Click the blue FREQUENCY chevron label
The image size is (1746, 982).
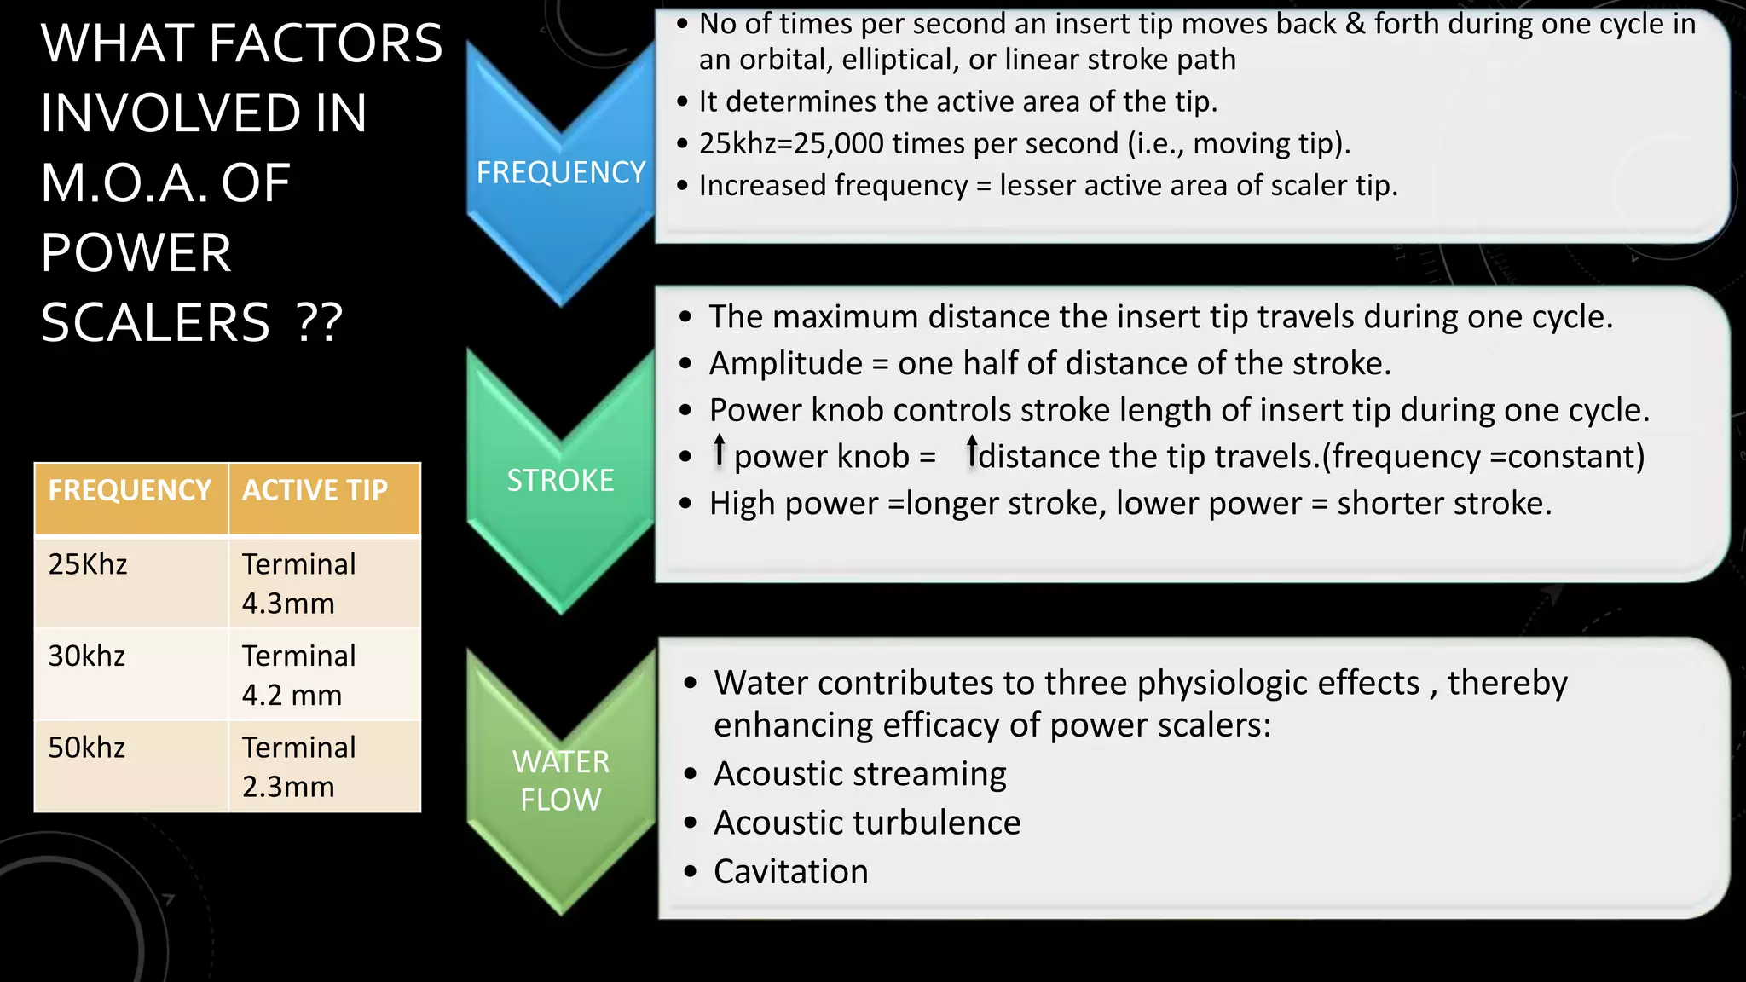560,173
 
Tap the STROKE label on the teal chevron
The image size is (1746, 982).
560,481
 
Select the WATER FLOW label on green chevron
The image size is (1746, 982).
560,780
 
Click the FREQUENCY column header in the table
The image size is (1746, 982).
130,491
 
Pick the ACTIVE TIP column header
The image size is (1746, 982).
315,491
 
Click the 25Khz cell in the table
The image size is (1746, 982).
88,564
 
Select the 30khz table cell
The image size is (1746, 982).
87,656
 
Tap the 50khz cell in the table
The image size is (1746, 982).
87,748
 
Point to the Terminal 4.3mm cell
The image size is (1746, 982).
298,584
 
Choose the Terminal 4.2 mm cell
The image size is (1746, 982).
298,675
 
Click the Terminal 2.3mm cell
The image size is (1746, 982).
298,766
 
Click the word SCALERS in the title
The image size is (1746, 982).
155,323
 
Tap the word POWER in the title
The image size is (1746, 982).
136,253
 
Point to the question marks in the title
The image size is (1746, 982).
319,323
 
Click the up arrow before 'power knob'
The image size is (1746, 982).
720,450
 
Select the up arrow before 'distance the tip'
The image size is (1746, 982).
972,451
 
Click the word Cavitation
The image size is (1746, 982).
790,872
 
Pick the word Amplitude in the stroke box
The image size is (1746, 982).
785,364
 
